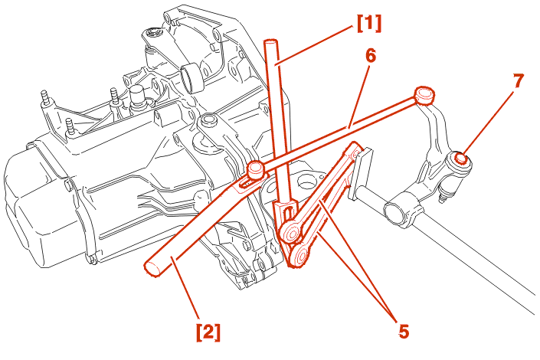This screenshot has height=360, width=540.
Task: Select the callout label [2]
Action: click(x=208, y=332)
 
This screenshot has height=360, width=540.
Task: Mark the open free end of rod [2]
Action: click(x=151, y=267)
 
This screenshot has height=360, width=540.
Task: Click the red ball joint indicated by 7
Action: click(x=462, y=159)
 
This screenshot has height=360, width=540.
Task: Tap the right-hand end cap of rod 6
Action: click(x=424, y=95)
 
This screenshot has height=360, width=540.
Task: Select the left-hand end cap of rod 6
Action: click(x=256, y=168)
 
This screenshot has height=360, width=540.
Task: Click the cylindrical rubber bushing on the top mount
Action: click(x=191, y=77)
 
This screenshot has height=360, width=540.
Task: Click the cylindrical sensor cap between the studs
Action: click(x=138, y=97)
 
